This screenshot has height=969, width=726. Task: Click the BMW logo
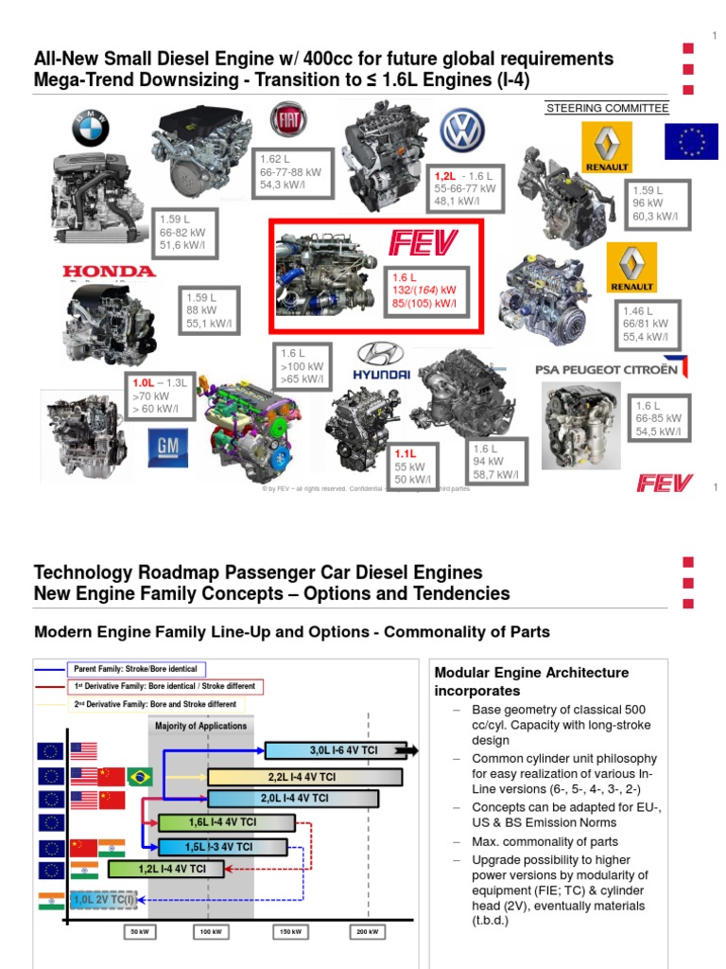(91, 129)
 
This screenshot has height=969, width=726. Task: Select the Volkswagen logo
(463, 130)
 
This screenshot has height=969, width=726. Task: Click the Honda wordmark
(109, 272)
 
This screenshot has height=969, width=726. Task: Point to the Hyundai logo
(381, 363)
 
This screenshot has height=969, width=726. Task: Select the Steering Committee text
(607, 109)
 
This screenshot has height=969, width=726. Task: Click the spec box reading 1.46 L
(648, 323)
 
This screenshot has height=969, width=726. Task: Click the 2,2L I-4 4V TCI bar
(304, 775)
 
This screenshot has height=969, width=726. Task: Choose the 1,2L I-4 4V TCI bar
(166, 868)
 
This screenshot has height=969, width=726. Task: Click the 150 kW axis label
(290, 932)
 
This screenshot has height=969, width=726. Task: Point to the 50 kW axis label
(140, 932)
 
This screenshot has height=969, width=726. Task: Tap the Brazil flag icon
(140, 775)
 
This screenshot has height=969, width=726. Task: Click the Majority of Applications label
(202, 726)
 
